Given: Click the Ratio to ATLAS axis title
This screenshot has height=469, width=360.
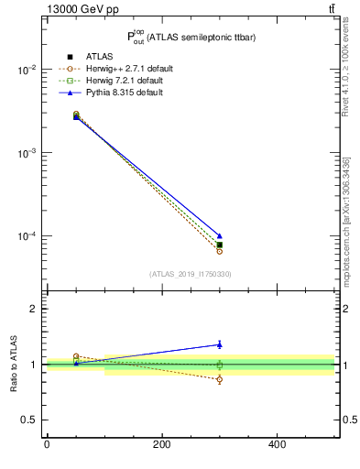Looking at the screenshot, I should coord(14,364).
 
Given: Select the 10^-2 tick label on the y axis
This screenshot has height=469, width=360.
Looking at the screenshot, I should coord(26,70).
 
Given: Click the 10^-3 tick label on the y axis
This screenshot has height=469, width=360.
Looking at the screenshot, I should coord(26,153).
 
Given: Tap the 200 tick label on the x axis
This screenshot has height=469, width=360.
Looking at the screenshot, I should coord(161,446).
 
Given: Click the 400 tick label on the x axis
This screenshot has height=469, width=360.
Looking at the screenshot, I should coord(277,446).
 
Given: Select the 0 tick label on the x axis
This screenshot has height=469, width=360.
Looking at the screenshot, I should coord(47,446).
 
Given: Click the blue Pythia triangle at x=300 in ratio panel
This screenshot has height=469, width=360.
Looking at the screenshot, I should coord(219,344).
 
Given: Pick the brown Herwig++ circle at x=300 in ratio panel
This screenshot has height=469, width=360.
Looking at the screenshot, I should coord(219,379).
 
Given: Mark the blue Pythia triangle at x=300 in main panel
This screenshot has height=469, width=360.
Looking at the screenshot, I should coord(219,236).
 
